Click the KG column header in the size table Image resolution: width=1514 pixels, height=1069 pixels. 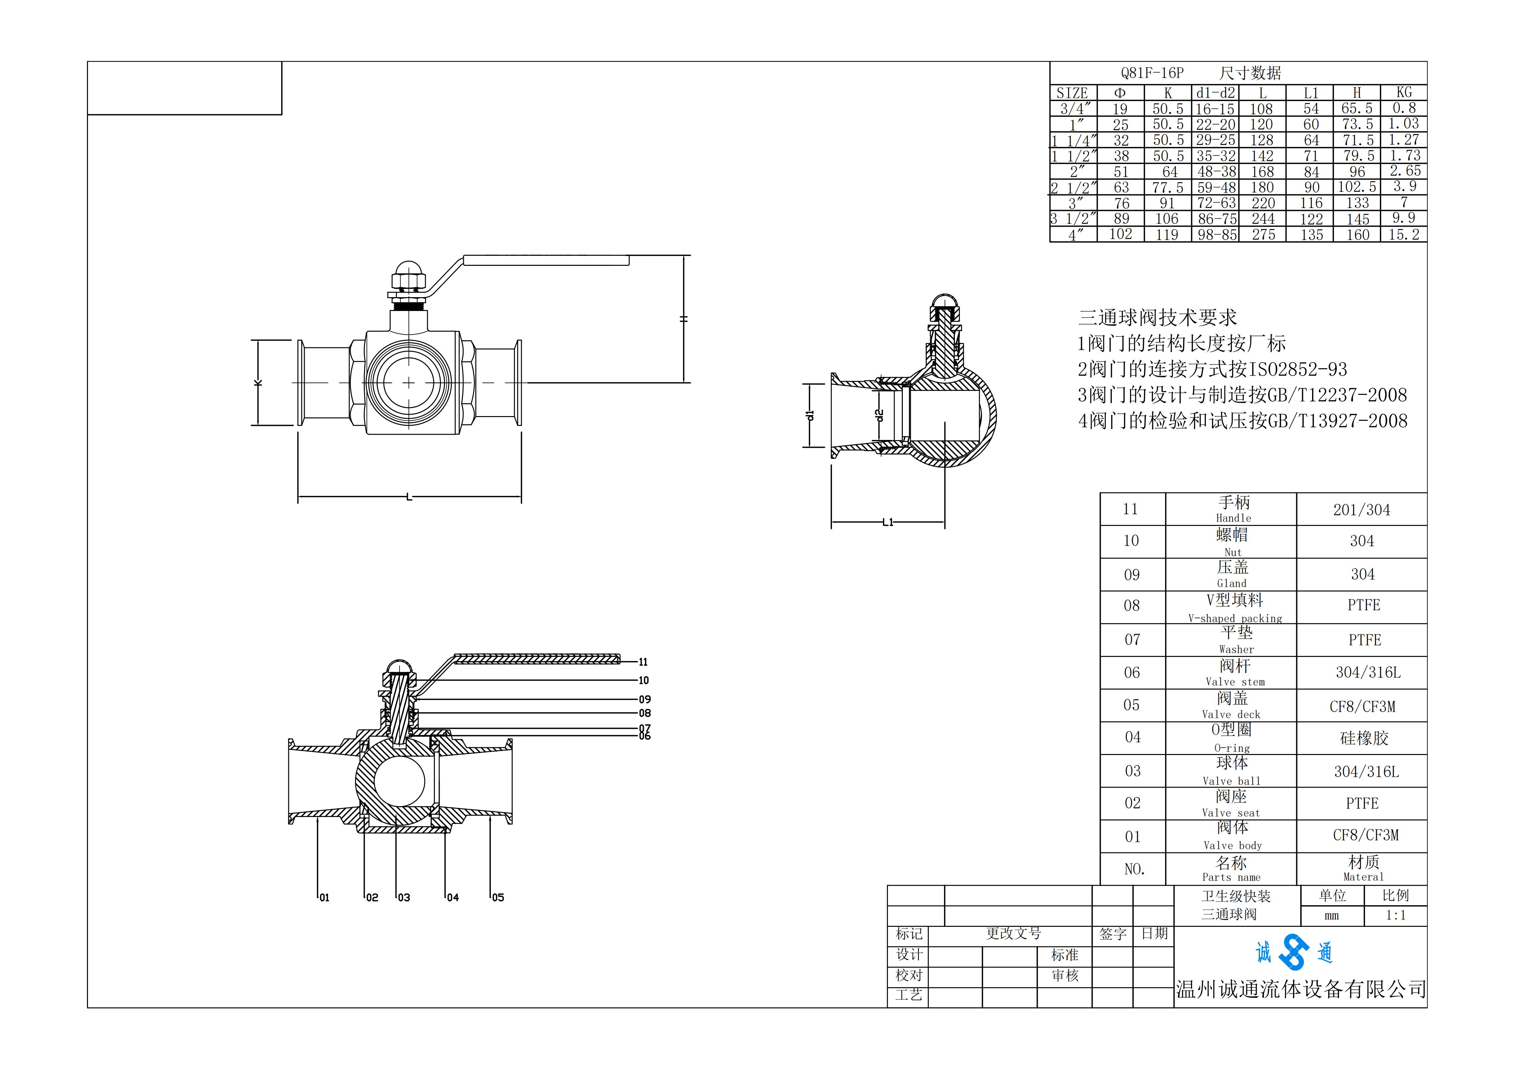pyautogui.click(x=1404, y=92)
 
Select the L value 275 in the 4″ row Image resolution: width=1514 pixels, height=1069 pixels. pyautogui.click(x=1264, y=234)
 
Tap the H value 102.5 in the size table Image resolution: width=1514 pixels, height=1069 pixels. pyautogui.click(x=1357, y=187)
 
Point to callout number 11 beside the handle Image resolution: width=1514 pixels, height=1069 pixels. pyautogui.click(x=643, y=662)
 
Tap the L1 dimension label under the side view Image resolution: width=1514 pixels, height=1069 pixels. pyautogui.click(x=888, y=522)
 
